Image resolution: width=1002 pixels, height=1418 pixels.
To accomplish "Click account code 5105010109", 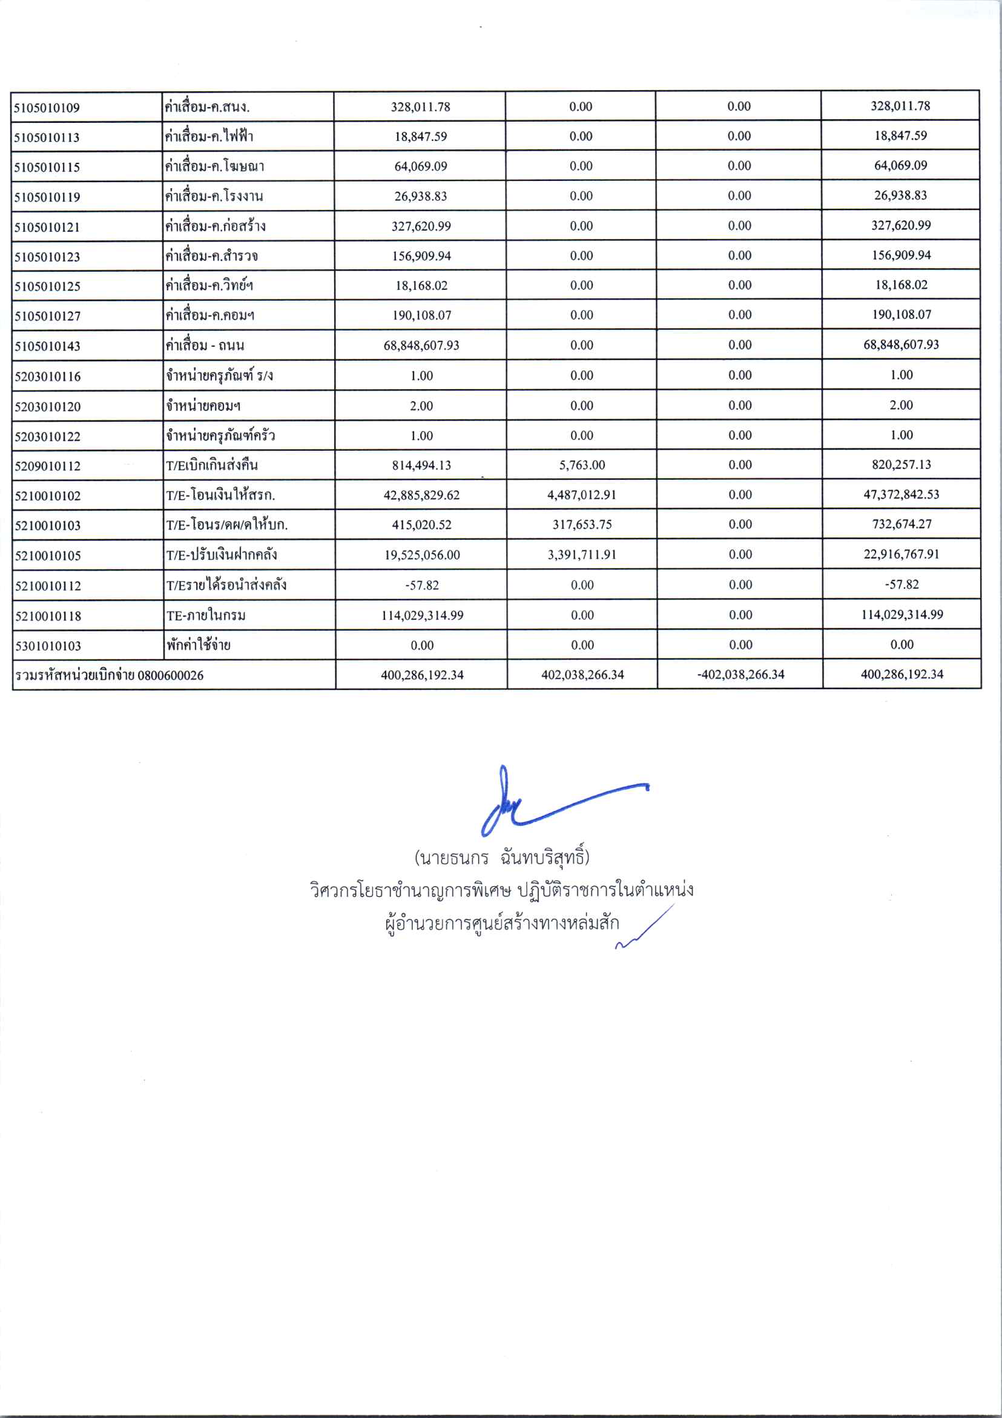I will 47,108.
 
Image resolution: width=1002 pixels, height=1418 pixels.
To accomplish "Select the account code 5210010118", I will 48,616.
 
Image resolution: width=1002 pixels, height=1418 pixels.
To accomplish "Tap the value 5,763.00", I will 582,465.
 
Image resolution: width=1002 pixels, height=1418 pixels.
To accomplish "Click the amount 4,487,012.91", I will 582,495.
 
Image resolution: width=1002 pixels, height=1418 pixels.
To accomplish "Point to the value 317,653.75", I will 582,525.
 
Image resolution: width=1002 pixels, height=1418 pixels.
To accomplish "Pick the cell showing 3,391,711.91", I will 582,554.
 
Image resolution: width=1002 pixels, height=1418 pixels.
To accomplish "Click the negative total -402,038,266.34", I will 740,674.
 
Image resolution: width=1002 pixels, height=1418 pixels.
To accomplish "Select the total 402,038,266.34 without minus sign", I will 582,675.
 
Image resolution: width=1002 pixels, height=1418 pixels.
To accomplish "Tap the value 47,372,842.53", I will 901,494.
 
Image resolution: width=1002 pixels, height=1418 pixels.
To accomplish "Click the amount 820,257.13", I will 901,464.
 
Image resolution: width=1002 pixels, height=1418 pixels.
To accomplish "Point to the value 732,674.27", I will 901,524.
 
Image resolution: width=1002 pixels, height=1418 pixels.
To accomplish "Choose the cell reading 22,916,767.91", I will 901,554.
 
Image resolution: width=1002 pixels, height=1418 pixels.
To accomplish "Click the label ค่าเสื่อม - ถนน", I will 205,345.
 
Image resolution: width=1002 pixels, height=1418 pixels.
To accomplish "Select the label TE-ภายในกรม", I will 206,615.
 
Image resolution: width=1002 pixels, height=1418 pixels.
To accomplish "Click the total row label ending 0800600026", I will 110,675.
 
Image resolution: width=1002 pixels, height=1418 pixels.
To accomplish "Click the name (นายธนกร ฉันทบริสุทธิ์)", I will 502,858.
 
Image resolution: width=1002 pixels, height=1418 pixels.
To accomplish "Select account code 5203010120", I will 48,407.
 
